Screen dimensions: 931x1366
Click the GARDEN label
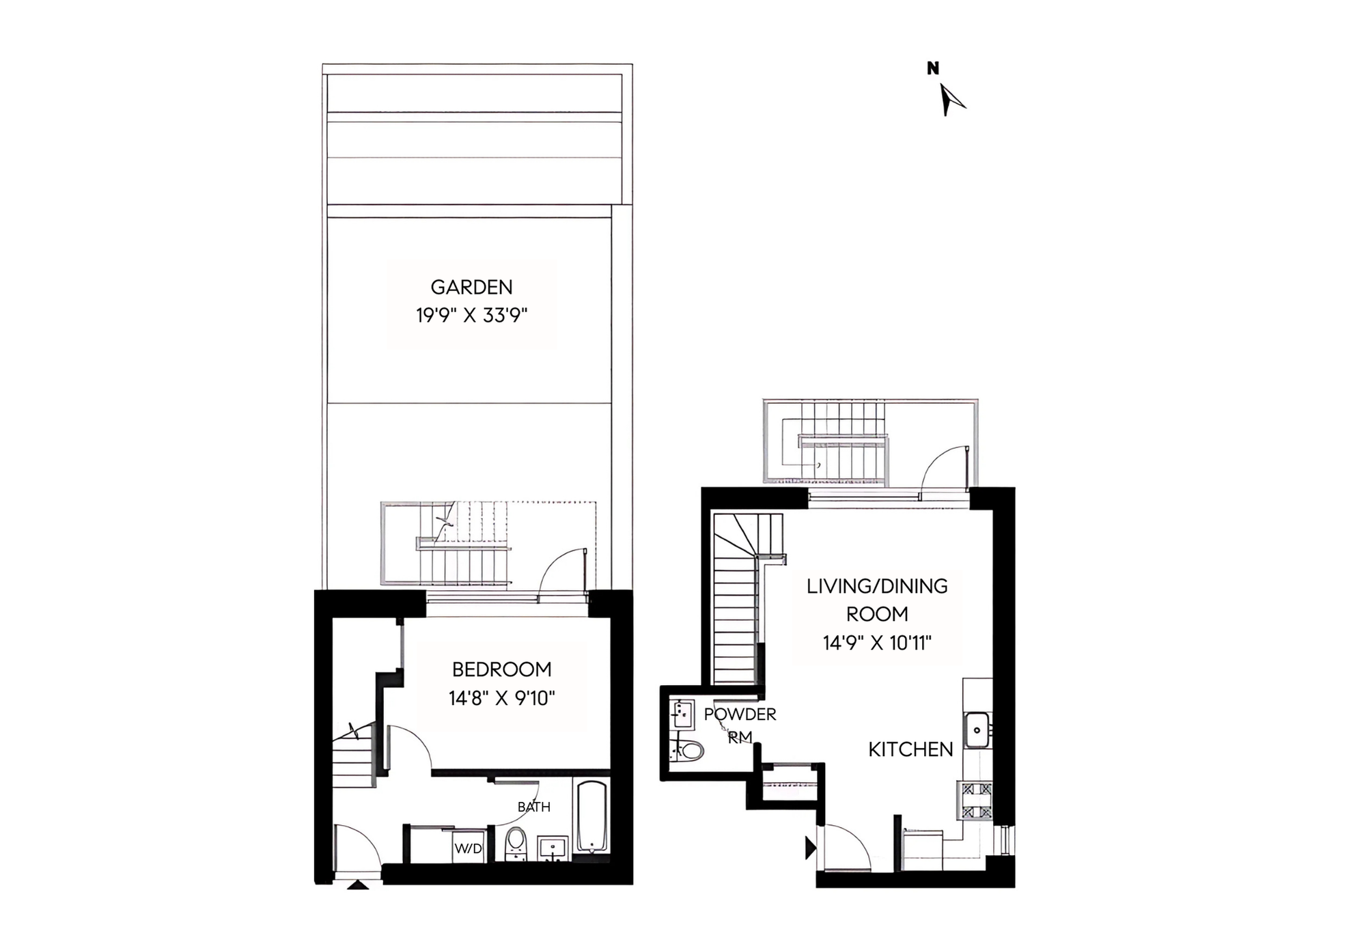pyautogui.click(x=471, y=287)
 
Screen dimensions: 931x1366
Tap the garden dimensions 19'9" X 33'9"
pyautogui.click(x=472, y=316)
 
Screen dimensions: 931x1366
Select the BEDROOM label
pyautogui.click(x=502, y=669)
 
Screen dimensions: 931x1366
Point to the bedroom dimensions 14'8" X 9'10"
pyautogui.click(x=502, y=699)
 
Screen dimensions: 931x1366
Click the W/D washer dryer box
pyautogui.click(x=469, y=848)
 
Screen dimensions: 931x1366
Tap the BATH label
pyautogui.click(x=534, y=807)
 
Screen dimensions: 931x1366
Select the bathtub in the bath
pyautogui.click(x=592, y=816)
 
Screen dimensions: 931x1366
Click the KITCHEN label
pyautogui.click(x=910, y=750)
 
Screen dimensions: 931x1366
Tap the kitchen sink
pyautogui.click(x=977, y=730)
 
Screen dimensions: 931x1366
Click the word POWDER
pyautogui.click(x=740, y=714)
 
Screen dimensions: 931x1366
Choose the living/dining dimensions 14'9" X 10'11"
pyautogui.click(x=877, y=643)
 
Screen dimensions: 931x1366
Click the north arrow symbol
pyautogui.click(x=950, y=100)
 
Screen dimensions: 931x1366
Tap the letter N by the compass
pyautogui.click(x=933, y=68)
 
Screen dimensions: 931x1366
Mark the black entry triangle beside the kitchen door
pyautogui.click(x=811, y=848)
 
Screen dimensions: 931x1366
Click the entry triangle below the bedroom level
pyautogui.click(x=358, y=885)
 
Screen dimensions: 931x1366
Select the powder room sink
pyautogui.click(x=682, y=714)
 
